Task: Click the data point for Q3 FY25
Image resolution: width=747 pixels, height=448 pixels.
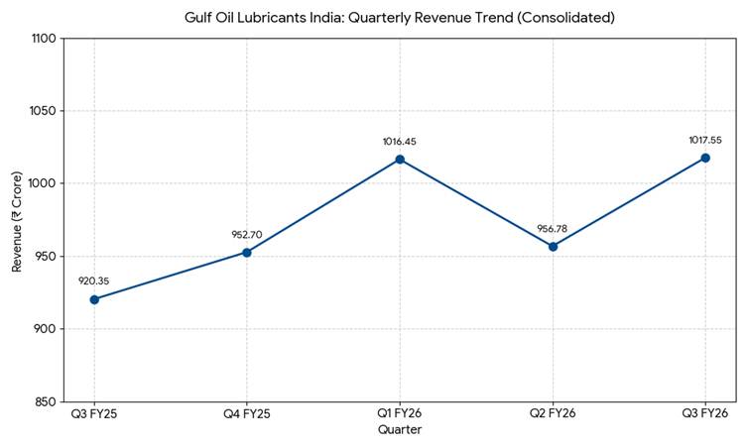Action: tap(94, 299)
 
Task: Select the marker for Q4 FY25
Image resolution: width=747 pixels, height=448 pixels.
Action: tap(247, 252)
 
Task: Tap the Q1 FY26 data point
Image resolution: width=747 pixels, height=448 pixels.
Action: tap(400, 160)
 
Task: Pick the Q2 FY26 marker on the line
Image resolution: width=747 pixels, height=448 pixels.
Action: tap(553, 246)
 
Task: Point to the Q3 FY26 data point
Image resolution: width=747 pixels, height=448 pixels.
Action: tap(705, 158)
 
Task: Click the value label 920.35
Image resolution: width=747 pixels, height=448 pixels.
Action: tap(94, 281)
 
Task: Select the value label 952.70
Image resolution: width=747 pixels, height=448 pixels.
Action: tap(247, 235)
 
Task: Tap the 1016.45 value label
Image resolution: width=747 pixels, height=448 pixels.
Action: tap(400, 142)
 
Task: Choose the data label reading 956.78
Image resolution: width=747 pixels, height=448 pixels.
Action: tap(553, 229)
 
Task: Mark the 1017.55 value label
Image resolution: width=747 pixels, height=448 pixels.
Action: tap(705, 140)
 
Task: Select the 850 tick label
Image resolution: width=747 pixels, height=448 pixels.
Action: tap(44, 401)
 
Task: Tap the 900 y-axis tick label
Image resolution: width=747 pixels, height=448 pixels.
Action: tap(44, 329)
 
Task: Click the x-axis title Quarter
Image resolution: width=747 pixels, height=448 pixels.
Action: tap(400, 430)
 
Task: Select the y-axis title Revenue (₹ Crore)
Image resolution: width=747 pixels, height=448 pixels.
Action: tap(17, 220)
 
